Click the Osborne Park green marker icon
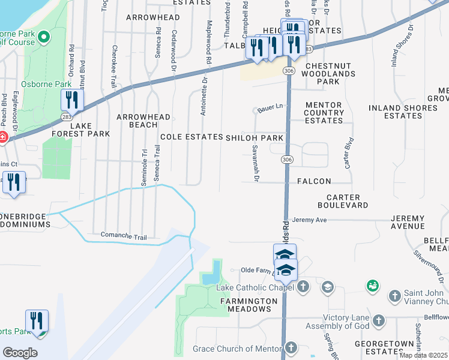43,38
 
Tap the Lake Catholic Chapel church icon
303,287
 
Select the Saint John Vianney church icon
395,295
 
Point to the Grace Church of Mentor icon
291,348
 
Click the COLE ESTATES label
191,137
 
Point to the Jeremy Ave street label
310,220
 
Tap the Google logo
20,353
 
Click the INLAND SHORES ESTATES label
403,112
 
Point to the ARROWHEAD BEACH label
143,121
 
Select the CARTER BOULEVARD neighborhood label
347,201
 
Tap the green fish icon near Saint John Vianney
372,285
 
